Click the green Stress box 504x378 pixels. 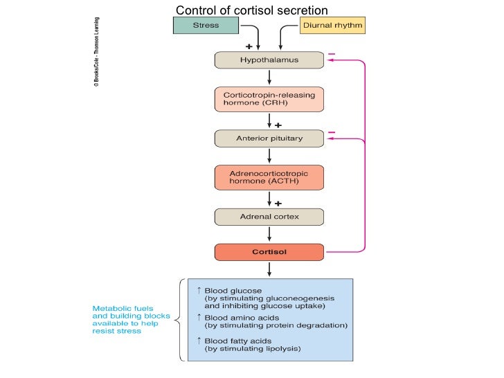click(x=205, y=26)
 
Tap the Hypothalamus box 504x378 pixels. click(x=269, y=60)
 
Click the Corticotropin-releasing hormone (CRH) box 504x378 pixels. click(x=269, y=98)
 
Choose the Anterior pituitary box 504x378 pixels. click(x=269, y=138)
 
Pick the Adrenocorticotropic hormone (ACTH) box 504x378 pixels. click(x=269, y=177)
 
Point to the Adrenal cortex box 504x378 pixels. click(x=269, y=217)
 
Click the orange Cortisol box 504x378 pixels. click(x=269, y=252)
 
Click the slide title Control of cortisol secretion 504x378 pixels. click(x=251, y=10)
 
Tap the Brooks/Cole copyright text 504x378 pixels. click(x=96, y=52)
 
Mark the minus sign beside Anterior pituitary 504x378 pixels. click(x=332, y=132)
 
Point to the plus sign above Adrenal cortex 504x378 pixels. click(x=278, y=204)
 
